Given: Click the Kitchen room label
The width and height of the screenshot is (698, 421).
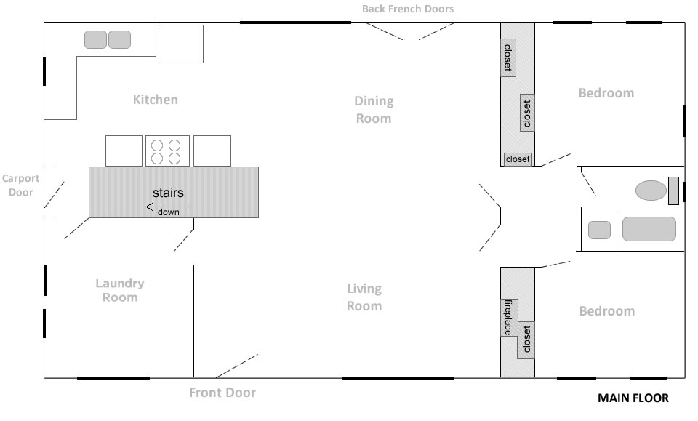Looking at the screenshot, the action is [156, 99].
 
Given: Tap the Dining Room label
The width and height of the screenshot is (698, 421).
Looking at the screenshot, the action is [374, 110].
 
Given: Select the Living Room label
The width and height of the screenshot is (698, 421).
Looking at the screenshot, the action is [364, 297].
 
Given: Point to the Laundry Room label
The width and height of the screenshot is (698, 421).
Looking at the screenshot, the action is [120, 290].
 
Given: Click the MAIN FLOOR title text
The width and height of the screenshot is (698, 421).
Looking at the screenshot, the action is [633, 398].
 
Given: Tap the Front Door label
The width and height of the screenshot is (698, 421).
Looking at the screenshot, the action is [222, 393].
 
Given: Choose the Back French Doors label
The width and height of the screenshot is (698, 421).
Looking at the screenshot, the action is [408, 9].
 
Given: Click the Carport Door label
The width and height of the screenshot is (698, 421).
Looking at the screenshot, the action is [20, 185].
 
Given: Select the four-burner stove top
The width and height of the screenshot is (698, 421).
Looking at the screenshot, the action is [167, 151].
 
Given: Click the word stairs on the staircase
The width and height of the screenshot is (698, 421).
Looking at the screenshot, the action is [168, 193].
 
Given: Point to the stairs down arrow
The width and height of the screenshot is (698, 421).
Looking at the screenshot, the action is [168, 207].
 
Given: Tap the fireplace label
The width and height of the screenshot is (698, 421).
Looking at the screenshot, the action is [508, 318].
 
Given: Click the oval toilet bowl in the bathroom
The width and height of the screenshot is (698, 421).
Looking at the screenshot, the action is [651, 191].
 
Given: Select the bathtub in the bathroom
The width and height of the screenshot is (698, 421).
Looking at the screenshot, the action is [649, 229].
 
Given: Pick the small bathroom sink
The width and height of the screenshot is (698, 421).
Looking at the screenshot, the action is [599, 230].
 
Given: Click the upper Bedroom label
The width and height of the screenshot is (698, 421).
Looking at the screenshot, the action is [606, 93].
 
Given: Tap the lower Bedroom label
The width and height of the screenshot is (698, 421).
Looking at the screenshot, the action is [607, 311].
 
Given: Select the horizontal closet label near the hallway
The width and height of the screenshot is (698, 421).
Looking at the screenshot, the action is [518, 159].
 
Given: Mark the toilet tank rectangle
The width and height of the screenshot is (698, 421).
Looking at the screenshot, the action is [673, 191].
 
